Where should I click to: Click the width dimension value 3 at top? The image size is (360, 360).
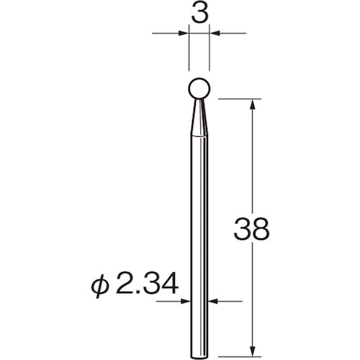point(200,14)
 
